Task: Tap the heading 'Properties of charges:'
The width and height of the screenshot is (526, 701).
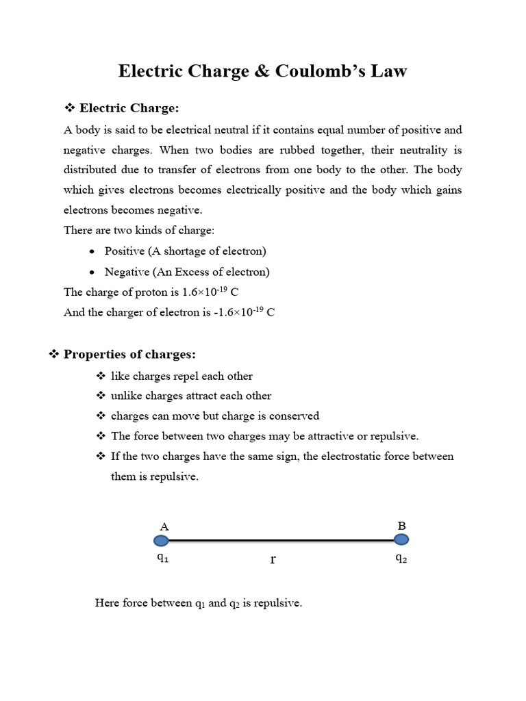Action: (x=129, y=354)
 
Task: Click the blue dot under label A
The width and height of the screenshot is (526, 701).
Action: (x=161, y=541)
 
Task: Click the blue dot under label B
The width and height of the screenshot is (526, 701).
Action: (x=402, y=539)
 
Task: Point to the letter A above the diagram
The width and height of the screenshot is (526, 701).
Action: (x=164, y=526)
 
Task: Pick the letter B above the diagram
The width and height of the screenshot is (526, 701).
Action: (x=402, y=526)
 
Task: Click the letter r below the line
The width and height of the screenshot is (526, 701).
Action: (x=273, y=560)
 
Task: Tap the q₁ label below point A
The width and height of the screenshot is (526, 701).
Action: (x=162, y=558)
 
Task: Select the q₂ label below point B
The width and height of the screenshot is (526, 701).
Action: (x=401, y=558)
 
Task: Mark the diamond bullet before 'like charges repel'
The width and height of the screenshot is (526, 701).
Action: (x=101, y=376)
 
